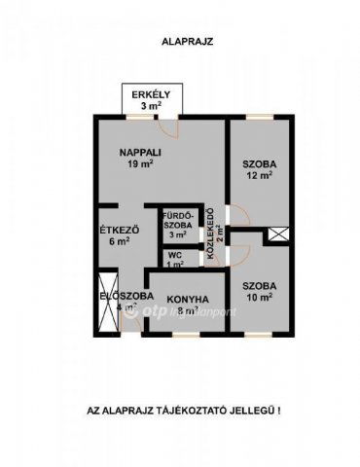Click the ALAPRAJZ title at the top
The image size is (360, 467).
[x=180, y=42]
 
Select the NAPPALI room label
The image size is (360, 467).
[x=140, y=153]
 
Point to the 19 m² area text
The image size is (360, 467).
[x=140, y=164]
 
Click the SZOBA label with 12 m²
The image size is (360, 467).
[x=260, y=164]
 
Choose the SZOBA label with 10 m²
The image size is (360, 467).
[x=260, y=285]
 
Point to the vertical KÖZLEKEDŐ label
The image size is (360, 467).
[x=207, y=238]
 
